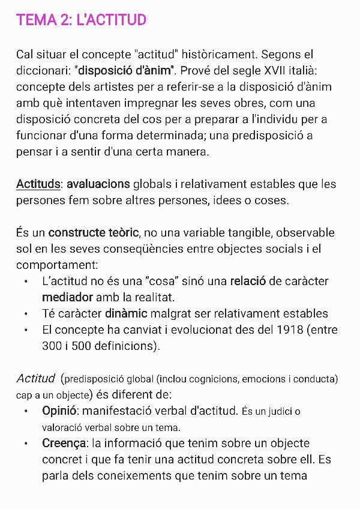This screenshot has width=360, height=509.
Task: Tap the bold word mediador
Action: (67, 297)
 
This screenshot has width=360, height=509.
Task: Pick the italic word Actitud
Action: (35, 379)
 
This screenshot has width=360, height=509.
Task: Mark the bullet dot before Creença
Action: (26, 444)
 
